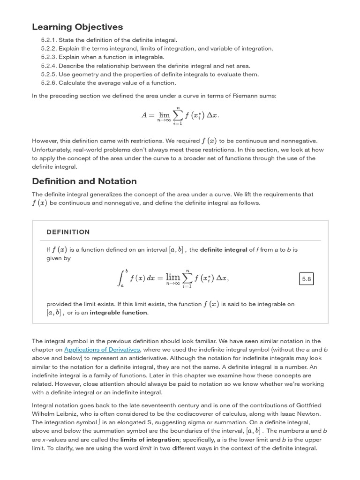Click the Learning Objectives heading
tap(77, 27)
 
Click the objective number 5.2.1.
tap(48, 40)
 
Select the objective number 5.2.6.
tap(48, 83)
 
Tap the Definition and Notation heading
tap(84, 181)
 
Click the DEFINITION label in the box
tap(68, 232)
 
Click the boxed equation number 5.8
tap(307, 279)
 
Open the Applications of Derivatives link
tap(102, 350)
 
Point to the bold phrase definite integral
tap(224, 250)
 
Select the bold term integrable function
tap(119, 313)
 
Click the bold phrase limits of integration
tap(150, 440)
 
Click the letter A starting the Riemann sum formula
tap(144, 115)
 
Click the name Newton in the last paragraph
tap(308, 414)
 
